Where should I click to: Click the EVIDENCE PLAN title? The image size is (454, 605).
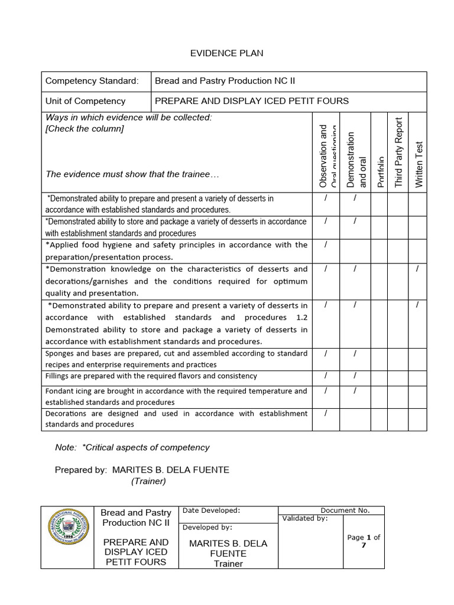coord(226,53)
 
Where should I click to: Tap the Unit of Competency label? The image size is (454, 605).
coord(86,101)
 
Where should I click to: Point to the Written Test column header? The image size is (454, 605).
coord(419,164)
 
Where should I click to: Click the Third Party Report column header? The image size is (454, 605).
coord(398,152)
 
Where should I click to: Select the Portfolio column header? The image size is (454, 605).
coord(380,172)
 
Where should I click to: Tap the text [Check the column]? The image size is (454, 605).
coord(85,128)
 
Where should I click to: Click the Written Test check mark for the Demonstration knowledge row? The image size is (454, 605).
coord(417,269)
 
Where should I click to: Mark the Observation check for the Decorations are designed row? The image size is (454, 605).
coord(326,413)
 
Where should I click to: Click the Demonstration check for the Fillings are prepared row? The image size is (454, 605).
coord(355,376)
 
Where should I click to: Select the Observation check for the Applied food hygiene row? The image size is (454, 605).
coord(326,245)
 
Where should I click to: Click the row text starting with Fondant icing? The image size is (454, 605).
coord(176,396)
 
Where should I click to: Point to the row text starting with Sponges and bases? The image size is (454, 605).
coord(176,359)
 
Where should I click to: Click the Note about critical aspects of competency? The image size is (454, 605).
coord(132,447)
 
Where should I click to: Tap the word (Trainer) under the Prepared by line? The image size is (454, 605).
coord(148,481)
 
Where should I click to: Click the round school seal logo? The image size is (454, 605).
coord(67,537)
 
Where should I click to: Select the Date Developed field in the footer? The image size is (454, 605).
coord(211,510)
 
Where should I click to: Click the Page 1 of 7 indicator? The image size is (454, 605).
coord(364,541)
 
